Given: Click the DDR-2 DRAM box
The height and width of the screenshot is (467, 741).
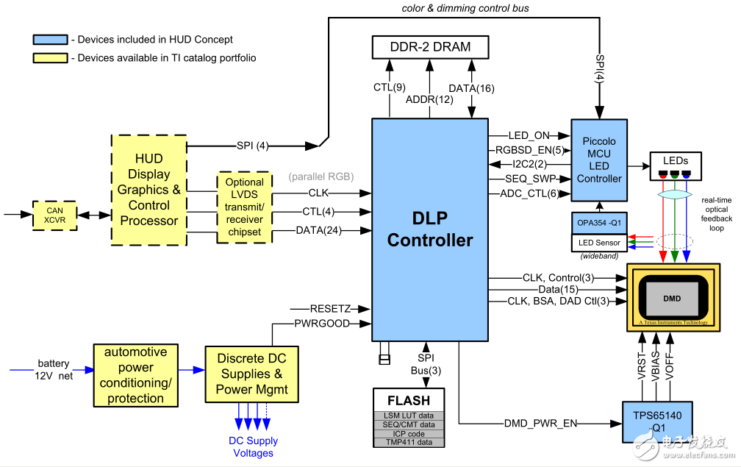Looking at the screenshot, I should coord(429,48).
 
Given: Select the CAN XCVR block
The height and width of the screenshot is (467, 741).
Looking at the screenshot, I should coord(54,215).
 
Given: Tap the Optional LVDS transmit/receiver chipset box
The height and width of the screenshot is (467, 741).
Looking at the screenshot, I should coord(244,207).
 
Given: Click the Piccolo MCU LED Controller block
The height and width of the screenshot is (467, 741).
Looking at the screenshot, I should coord(599,159).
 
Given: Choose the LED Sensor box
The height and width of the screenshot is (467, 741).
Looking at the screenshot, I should coord(599,243).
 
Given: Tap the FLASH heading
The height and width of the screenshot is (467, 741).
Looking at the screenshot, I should coord(409,401).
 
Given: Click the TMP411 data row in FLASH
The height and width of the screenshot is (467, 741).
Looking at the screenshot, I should coord(409,442).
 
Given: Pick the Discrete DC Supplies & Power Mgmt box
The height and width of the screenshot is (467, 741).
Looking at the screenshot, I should coord(251,374).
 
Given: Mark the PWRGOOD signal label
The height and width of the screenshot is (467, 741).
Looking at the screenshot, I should coord(321,323).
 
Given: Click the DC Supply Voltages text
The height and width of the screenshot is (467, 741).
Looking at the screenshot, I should coord(253,446).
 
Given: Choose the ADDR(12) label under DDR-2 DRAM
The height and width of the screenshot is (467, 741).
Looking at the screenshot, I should coord(429,99).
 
